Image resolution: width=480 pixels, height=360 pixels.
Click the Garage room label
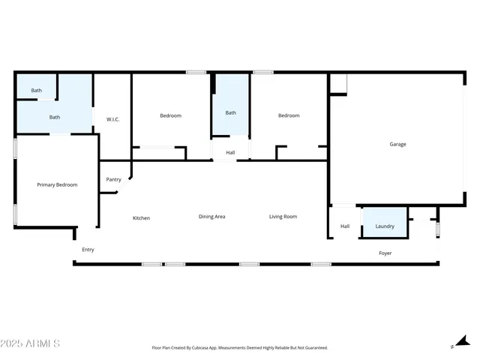point(397,144)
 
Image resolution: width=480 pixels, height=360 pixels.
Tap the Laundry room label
point(385,226)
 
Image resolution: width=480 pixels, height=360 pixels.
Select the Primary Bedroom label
point(57,184)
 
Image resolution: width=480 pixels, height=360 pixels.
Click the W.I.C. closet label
point(113,119)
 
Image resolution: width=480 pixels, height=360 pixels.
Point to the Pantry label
point(113,179)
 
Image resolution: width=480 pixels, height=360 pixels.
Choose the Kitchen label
point(141,218)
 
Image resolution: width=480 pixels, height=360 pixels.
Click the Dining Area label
point(211,217)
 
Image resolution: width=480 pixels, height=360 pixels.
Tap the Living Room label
point(283,217)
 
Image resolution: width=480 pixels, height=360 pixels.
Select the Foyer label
point(385,253)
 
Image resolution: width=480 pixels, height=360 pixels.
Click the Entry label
point(88,250)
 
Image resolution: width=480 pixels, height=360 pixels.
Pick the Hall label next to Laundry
point(345,226)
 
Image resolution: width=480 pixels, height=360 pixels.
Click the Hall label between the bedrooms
point(230,153)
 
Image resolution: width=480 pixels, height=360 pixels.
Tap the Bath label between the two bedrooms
point(231,113)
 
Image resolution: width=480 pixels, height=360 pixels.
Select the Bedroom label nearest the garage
point(289,115)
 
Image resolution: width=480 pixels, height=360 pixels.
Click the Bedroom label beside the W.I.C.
point(170,115)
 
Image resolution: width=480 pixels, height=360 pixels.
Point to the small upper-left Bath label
point(36,91)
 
